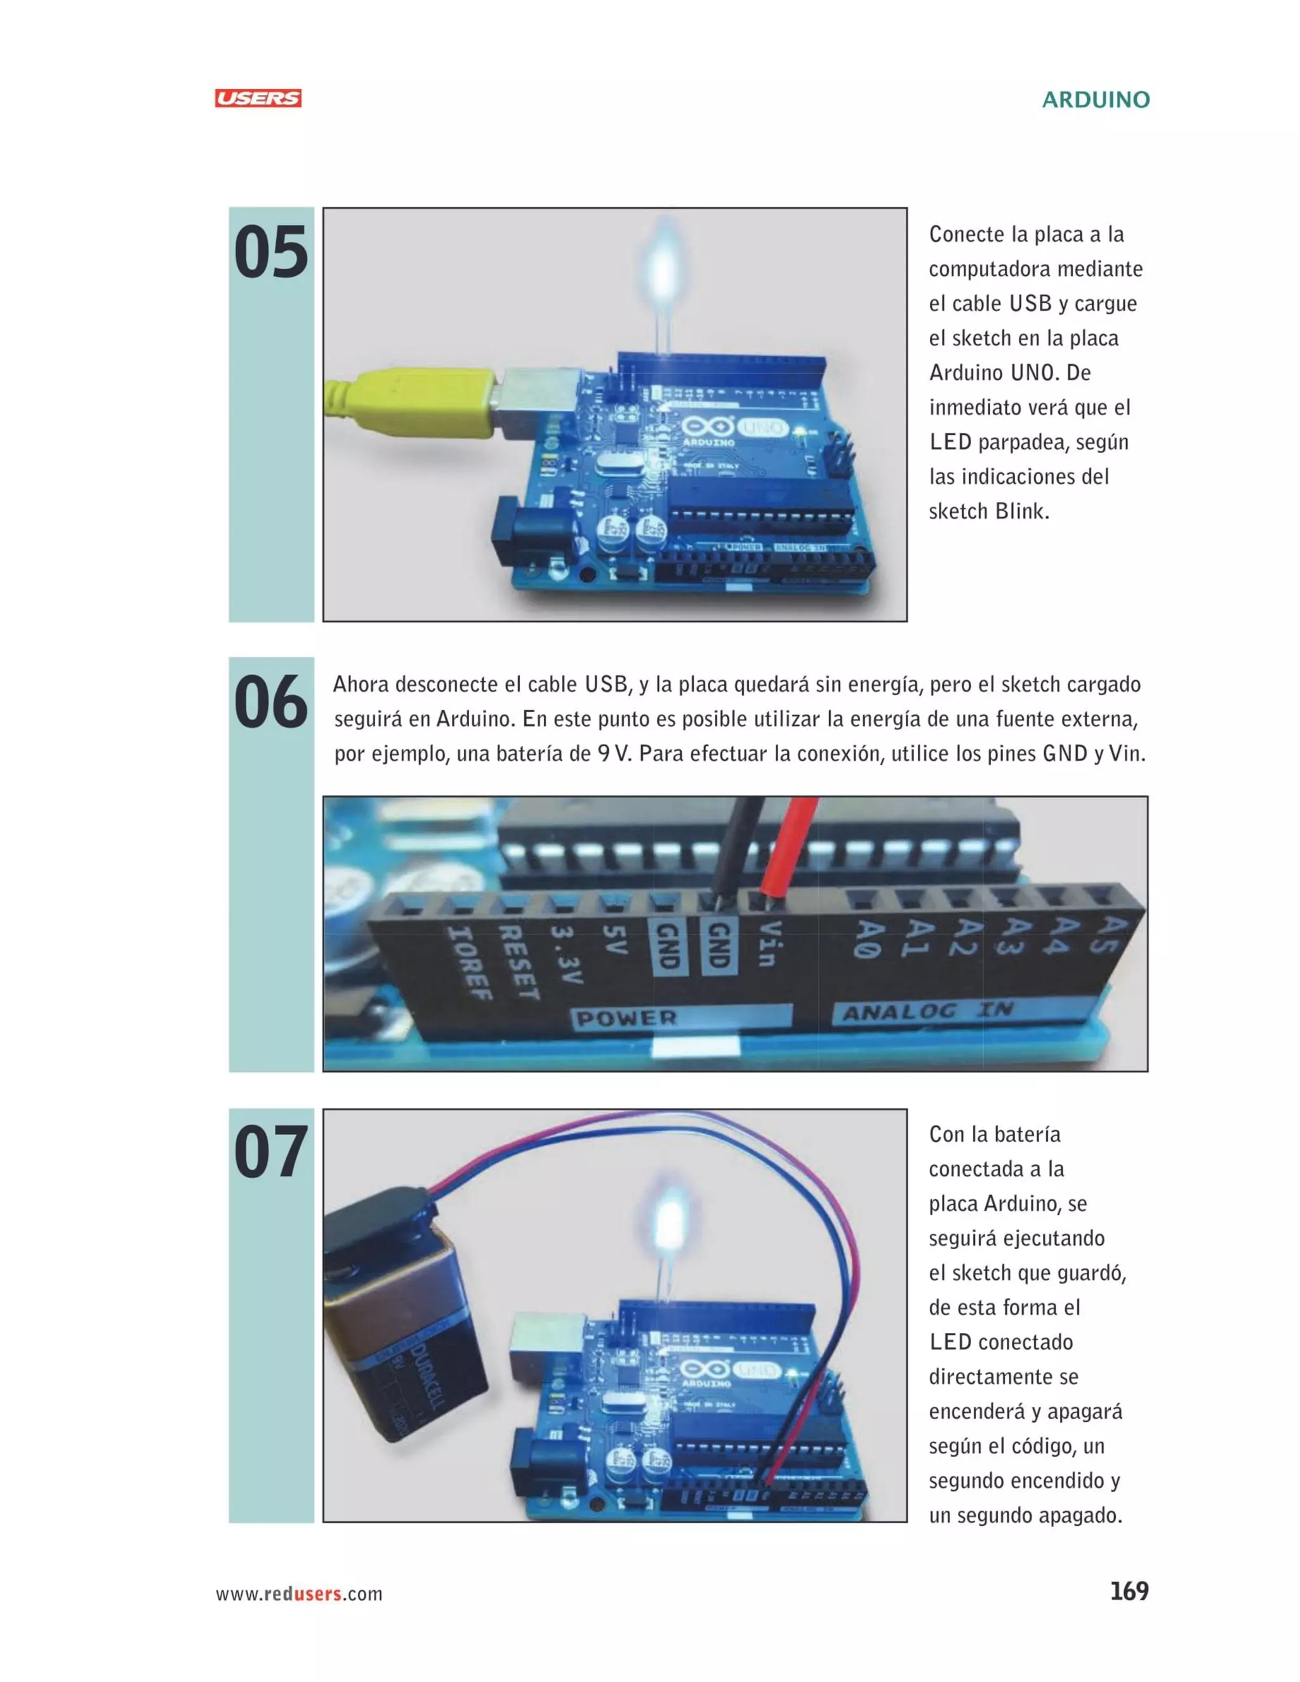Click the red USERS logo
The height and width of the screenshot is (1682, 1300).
click(x=258, y=98)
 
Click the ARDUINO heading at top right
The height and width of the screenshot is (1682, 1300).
click(x=1095, y=100)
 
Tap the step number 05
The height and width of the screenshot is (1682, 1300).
click(x=271, y=253)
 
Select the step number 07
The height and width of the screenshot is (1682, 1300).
click(x=271, y=1152)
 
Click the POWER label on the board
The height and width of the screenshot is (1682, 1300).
click(x=628, y=1018)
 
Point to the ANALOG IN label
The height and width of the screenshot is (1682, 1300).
click(x=927, y=1011)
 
